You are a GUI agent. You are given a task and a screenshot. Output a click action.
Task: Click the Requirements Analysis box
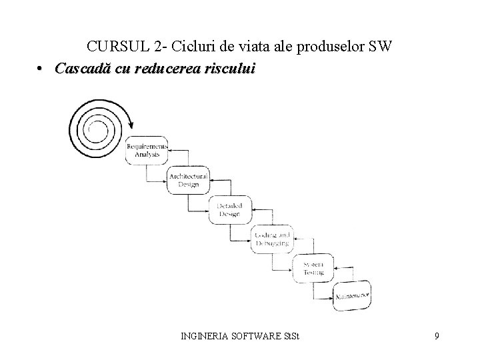pyautogui.click(x=147, y=149)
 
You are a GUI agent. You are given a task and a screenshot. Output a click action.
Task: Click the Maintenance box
pyautogui.click(x=351, y=293)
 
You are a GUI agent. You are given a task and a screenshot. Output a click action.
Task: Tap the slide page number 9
pyautogui.click(x=436, y=336)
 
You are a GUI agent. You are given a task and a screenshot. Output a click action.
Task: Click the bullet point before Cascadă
pyautogui.click(x=41, y=69)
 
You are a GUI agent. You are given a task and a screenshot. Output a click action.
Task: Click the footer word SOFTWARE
pyautogui.click(x=258, y=336)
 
